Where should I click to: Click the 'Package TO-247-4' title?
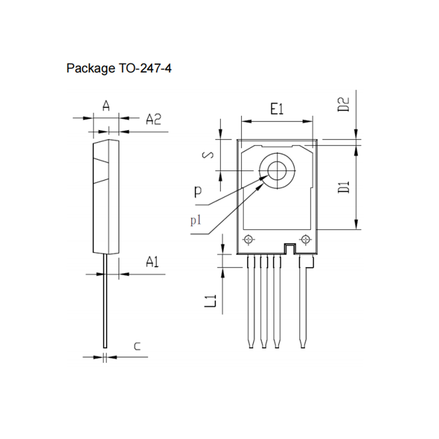pos(119,68)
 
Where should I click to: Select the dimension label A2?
pos(153,119)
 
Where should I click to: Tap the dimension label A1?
pos(152,262)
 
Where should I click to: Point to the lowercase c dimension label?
pos(137,347)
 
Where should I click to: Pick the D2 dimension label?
pos(344,104)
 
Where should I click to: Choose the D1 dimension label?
pos(344,187)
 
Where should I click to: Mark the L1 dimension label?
pos(210,301)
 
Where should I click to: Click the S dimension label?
pos(208,155)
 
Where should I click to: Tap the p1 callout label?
pos(196,221)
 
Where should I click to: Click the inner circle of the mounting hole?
pos(277,170)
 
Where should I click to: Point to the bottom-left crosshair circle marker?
pos(248,240)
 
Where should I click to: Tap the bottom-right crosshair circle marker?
pos(305,240)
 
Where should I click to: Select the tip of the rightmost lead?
pos(302,348)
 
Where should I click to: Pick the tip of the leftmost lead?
pos(251,348)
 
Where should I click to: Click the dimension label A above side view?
pos(106,105)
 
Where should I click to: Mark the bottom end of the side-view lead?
pos(105,348)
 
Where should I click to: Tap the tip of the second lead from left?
pos(264,348)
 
